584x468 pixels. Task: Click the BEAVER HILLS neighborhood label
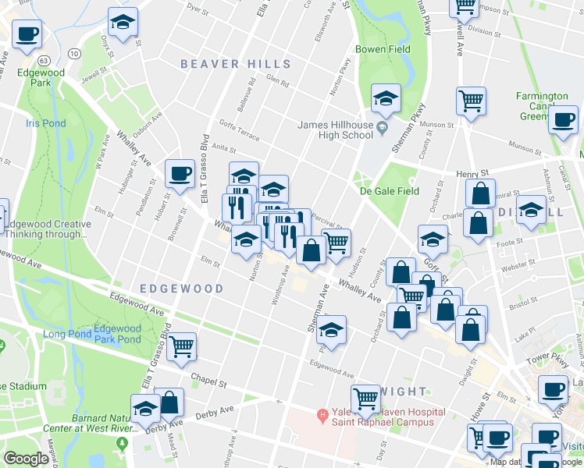[236, 65]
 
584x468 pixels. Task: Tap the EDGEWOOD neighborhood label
[181, 289]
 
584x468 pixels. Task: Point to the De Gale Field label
[389, 191]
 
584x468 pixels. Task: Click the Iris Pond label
[45, 123]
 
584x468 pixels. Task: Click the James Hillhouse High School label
[336, 129]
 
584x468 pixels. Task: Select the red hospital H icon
[321, 413]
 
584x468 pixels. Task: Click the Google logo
[26, 459]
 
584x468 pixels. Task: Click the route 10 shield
[73, 53]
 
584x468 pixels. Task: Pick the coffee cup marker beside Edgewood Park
[27, 34]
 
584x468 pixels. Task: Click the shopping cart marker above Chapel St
[182, 346]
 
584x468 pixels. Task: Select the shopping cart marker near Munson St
[472, 100]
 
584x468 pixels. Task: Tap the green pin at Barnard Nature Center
[122, 445]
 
